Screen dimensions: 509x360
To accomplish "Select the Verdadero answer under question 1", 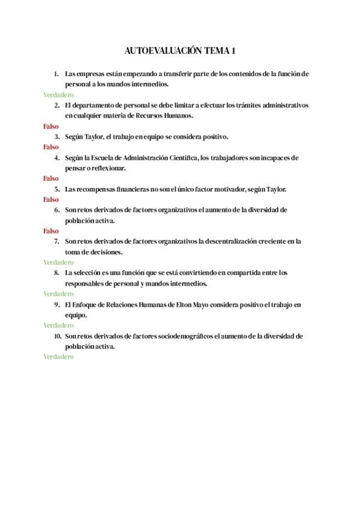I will point(58,95).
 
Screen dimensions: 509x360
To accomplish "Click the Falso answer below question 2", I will point(51,126).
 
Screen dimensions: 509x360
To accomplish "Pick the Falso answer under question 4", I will point(51,178).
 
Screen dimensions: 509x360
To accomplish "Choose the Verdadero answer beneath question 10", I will point(58,357).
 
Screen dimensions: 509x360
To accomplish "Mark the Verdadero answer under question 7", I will point(58,262).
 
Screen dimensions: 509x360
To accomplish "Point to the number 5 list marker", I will point(56,189).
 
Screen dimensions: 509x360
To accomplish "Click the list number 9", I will point(56,304).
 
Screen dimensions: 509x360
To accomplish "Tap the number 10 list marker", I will point(57,336).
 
